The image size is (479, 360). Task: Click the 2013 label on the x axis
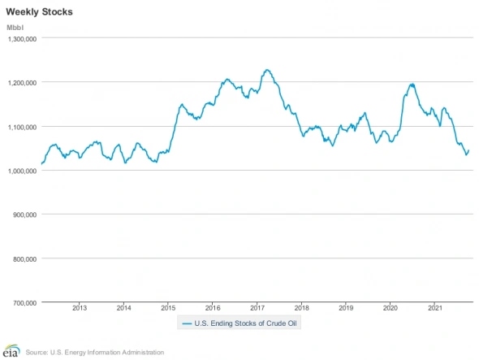coord(80,308)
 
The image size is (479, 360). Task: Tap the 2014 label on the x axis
coord(124,308)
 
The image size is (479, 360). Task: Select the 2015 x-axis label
coord(168,308)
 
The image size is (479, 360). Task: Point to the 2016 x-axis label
coord(213,308)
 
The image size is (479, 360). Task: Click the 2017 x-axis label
coord(257,308)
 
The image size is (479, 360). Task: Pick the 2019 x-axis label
coord(346,308)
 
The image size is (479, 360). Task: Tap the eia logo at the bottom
coord(11,351)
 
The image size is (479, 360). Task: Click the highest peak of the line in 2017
coord(267,70)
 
